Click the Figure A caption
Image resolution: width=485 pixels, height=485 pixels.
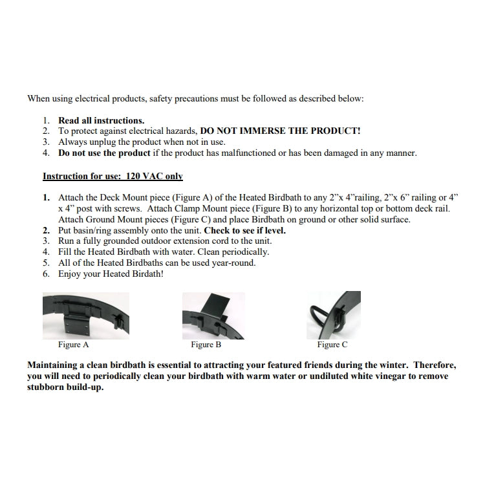click(x=74, y=345)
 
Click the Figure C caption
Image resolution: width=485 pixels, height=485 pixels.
click(x=332, y=345)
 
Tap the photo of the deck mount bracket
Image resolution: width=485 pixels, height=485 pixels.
click(x=85, y=316)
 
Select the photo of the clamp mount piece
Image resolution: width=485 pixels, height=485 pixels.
click(x=213, y=316)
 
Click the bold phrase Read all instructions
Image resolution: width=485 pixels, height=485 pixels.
click(x=102, y=120)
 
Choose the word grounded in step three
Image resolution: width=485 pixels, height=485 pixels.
click(x=121, y=241)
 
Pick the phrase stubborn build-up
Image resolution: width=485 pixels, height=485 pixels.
click(x=65, y=387)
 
